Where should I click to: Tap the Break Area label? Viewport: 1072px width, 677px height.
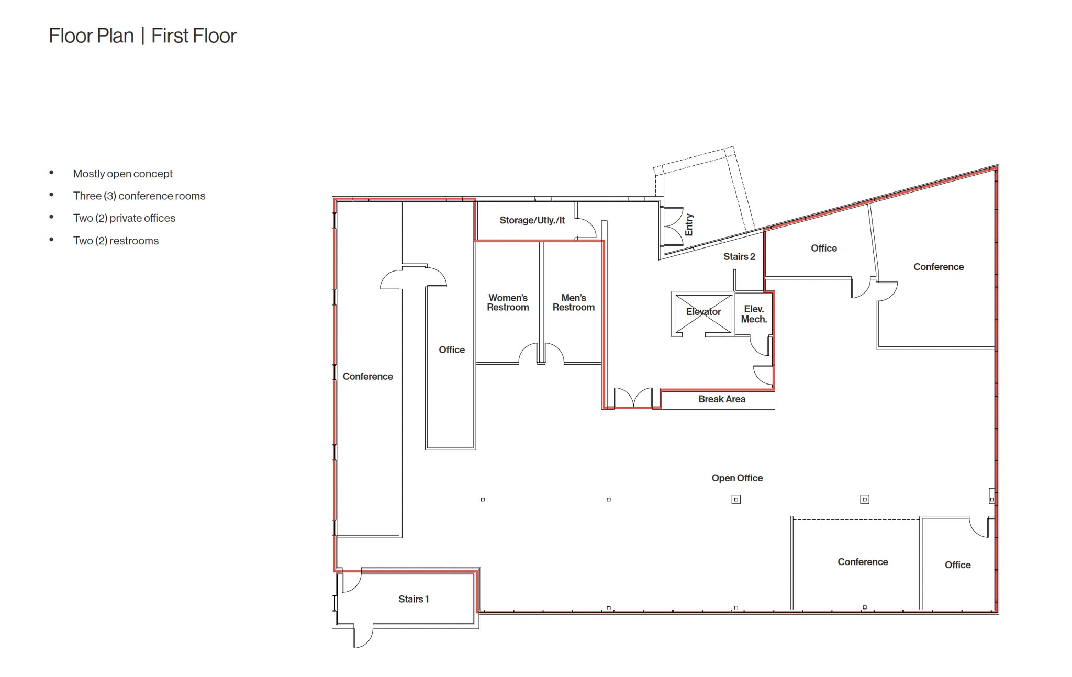[721, 399]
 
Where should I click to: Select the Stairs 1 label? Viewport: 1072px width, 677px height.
[413, 599]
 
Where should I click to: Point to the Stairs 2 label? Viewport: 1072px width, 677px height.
[739, 256]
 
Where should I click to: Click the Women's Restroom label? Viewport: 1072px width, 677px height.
[507, 302]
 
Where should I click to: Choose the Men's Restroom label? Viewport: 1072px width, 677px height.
[573, 302]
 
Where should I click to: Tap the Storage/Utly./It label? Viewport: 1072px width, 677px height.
[532, 220]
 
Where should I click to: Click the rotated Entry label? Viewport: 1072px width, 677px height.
[689, 224]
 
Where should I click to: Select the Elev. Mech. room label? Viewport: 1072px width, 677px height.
[754, 314]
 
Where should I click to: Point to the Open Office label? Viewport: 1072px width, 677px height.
[736, 478]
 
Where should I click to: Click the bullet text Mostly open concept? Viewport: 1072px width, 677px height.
[122, 174]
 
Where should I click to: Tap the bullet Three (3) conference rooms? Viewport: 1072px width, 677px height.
[139, 196]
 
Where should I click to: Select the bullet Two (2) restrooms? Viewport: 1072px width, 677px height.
[116, 241]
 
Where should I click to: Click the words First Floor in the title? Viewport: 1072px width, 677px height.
[194, 36]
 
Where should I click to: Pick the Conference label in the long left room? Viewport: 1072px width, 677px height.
[367, 376]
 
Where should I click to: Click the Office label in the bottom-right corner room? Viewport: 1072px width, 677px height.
[957, 565]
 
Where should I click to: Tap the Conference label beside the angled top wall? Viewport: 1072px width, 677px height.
[938, 267]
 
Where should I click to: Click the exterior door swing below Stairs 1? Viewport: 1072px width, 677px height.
[363, 636]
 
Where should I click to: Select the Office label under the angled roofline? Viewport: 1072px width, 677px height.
[823, 248]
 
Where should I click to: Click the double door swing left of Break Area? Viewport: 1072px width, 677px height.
[633, 398]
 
